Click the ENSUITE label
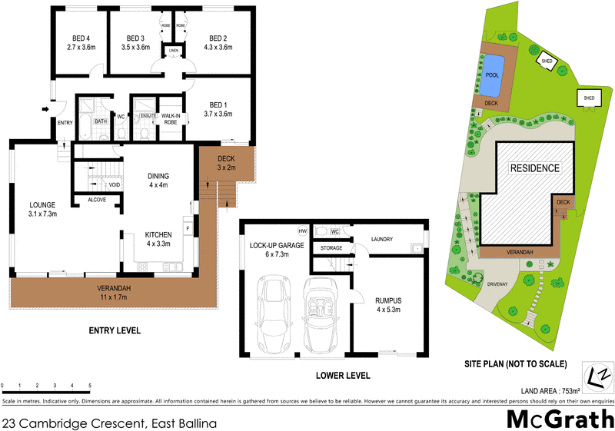click(148, 115)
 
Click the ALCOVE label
click(97, 200)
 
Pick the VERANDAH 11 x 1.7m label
click(115, 293)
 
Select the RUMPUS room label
click(389, 306)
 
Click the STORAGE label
click(331, 248)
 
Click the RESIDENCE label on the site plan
click(536, 167)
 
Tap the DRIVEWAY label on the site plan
click(498, 283)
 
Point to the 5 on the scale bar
click(90, 385)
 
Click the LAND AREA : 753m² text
click(547, 390)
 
